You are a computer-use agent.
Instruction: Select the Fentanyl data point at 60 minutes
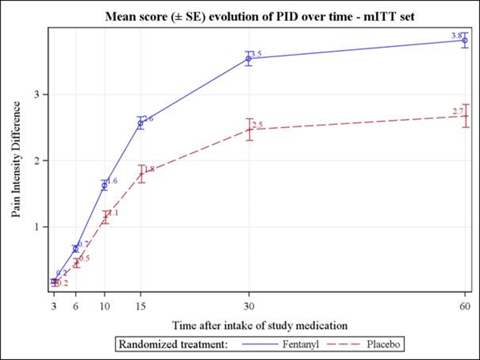[465, 40]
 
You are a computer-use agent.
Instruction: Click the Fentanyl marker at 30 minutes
[249, 58]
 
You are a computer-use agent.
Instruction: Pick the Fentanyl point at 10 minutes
[105, 185]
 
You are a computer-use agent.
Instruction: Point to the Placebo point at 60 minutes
[465, 116]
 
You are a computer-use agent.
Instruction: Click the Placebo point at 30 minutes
[249, 129]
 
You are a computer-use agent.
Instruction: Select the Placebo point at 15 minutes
[141, 174]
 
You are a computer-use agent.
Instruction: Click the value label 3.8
[456, 36]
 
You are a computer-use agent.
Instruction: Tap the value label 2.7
[458, 112]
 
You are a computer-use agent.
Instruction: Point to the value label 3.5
[257, 54]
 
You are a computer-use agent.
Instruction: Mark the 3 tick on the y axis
[38, 94]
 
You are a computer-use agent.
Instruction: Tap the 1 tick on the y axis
[38, 227]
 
